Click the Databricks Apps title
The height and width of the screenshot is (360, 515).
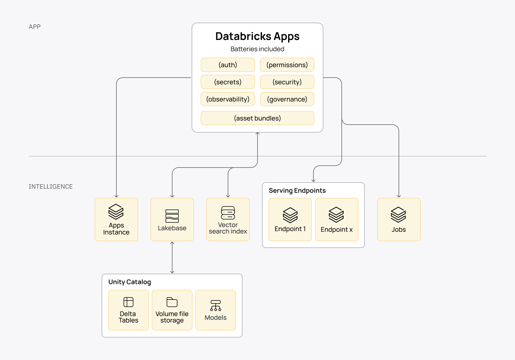pos(257,36)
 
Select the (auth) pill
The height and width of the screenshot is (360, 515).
pos(228,65)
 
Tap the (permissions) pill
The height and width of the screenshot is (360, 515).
pos(287,65)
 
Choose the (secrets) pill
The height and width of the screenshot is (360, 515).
pos(228,82)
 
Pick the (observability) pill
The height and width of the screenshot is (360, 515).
pos(228,99)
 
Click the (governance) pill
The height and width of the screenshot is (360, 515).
pos(287,99)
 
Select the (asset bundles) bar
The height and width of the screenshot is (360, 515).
pos(257,118)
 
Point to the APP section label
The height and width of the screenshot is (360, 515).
pos(35,27)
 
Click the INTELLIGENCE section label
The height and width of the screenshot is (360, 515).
pos(51,187)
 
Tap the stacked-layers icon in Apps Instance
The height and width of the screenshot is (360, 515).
pos(116,212)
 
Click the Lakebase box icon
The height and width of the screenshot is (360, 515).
pos(172,216)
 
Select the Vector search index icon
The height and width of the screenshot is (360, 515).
pos(228,213)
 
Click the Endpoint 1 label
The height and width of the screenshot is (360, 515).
pos(290,229)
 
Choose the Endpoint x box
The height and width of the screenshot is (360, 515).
pos(337,220)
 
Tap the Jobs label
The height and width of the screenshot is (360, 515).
pos(399,230)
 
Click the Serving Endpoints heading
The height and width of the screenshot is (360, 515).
pos(297,191)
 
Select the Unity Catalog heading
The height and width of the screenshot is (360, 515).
pos(130,282)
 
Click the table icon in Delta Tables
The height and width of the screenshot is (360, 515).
pos(128,302)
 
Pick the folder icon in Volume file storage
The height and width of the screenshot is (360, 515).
pos(172,302)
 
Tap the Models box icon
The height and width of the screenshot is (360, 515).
pos(216,305)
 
